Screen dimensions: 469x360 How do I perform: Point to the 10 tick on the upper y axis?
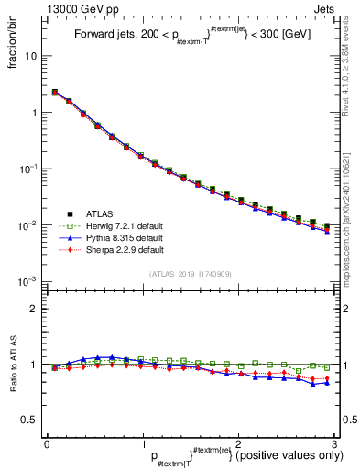pyautogui.click(x=31, y=57)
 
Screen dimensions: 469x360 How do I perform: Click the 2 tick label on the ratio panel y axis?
pyautogui.click(x=33, y=309)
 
